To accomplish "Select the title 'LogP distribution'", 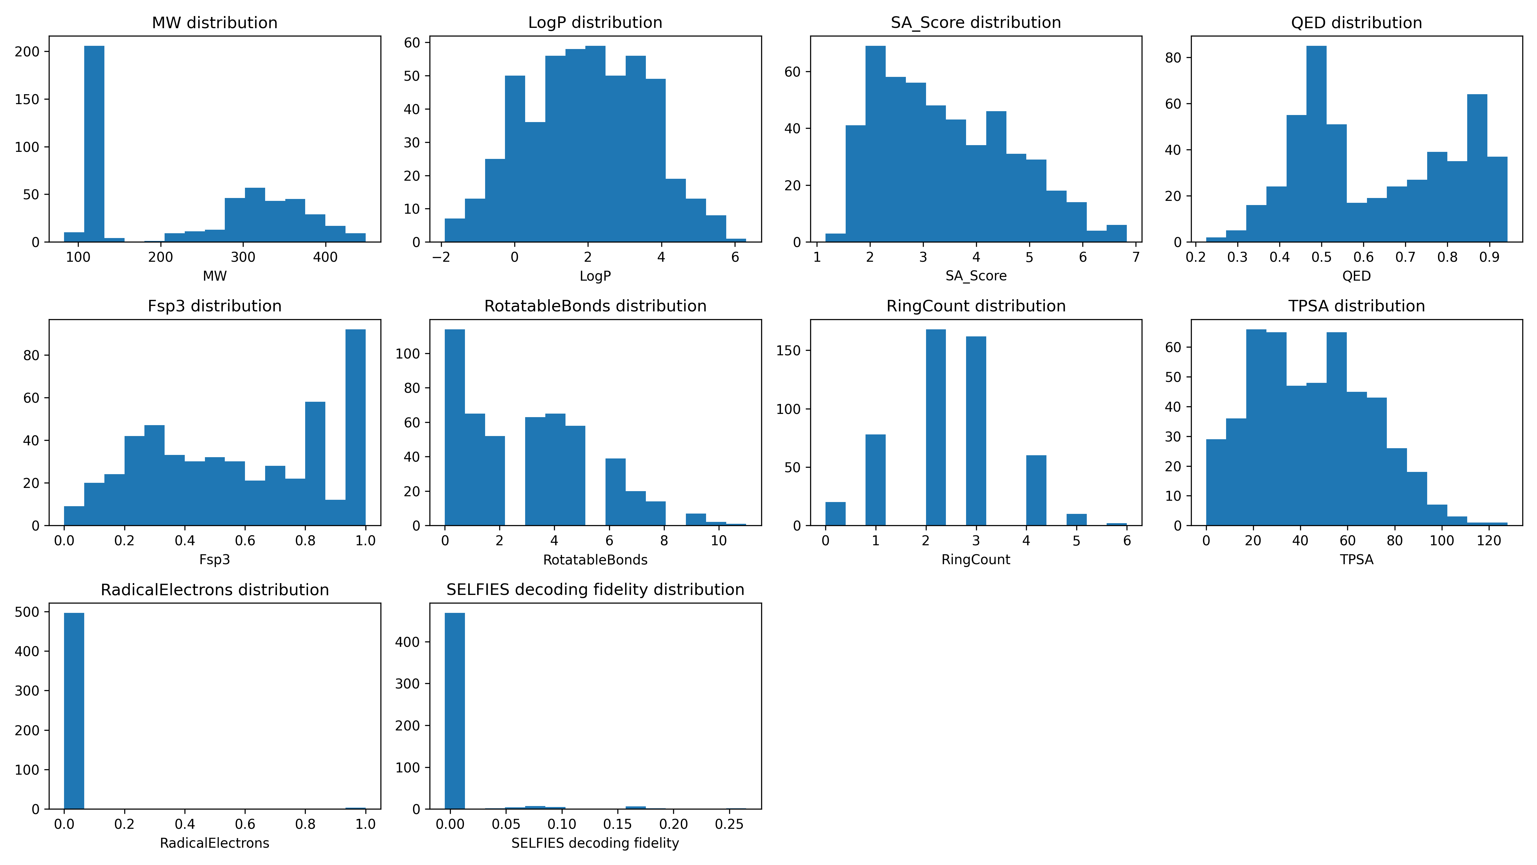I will tap(595, 23).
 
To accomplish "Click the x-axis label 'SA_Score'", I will tap(976, 276).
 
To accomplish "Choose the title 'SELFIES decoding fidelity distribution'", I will tap(595, 590).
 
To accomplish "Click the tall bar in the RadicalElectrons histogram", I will tap(74, 710).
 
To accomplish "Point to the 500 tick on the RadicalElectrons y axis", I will tap(27, 612).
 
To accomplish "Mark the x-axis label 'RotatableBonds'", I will tap(595, 559).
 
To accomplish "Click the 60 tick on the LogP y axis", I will tap(412, 42).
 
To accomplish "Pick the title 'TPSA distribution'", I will tap(1356, 306).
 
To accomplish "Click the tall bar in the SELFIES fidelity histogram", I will tap(455, 710).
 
